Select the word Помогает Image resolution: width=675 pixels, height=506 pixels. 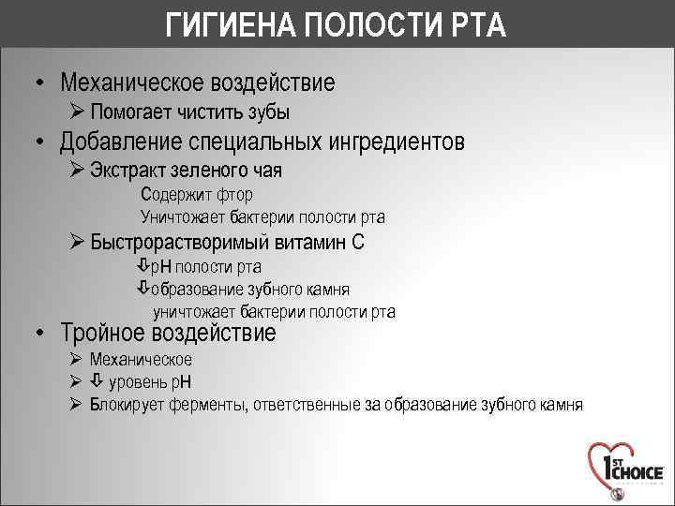pyautogui.click(x=130, y=112)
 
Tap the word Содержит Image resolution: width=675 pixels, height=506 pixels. pyautogui.click(x=172, y=195)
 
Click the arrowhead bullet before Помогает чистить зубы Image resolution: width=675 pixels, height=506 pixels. pyautogui.click(x=77, y=112)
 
